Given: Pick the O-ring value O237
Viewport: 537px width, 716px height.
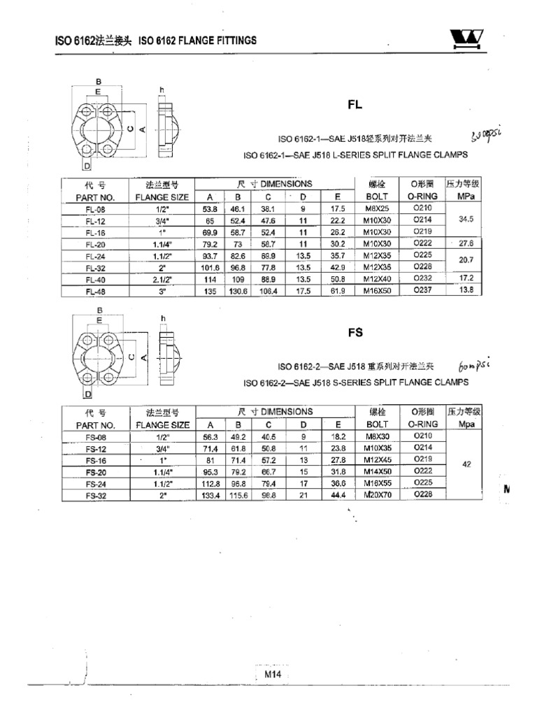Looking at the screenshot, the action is pos(422,289).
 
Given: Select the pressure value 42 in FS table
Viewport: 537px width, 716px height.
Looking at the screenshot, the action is pos(466,463).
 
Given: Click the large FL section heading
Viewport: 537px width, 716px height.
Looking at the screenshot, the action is pos(355,105).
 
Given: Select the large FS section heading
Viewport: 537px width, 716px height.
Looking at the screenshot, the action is pos(355,333).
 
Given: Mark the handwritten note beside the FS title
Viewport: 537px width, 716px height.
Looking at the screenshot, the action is pos(474,364).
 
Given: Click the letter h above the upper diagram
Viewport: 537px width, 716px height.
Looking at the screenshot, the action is pos(162,89).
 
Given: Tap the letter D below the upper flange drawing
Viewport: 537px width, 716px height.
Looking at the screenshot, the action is pos(87,167).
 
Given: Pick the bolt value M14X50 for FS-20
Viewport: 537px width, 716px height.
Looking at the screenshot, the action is pos(377,473).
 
